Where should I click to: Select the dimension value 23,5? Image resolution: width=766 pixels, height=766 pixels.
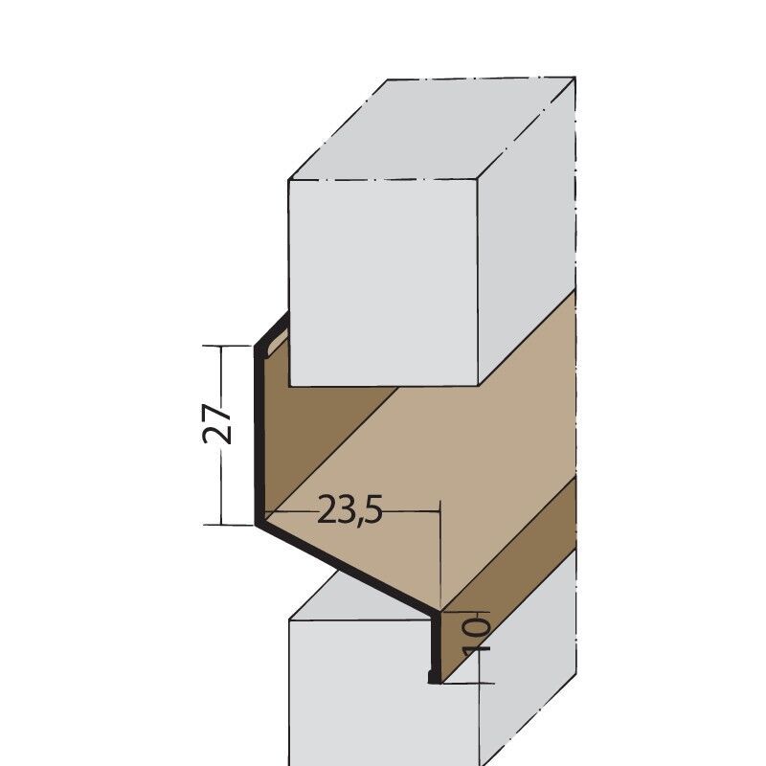[x=350, y=511]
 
